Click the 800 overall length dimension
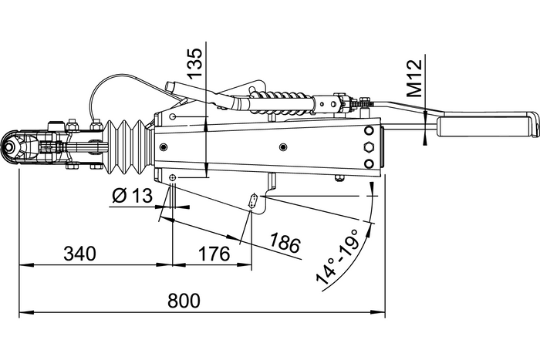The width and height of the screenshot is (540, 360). tap(184, 301)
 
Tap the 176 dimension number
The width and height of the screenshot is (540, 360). tap(214, 253)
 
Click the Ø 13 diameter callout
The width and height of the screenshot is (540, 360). tap(132, 196)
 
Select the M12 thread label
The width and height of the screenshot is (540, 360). tap(414, 77)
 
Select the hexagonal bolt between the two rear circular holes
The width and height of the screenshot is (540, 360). tap(368, 146)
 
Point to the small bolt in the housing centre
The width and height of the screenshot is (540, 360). tap(283, 146)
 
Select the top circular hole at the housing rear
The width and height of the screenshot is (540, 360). tap(368, 131)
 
